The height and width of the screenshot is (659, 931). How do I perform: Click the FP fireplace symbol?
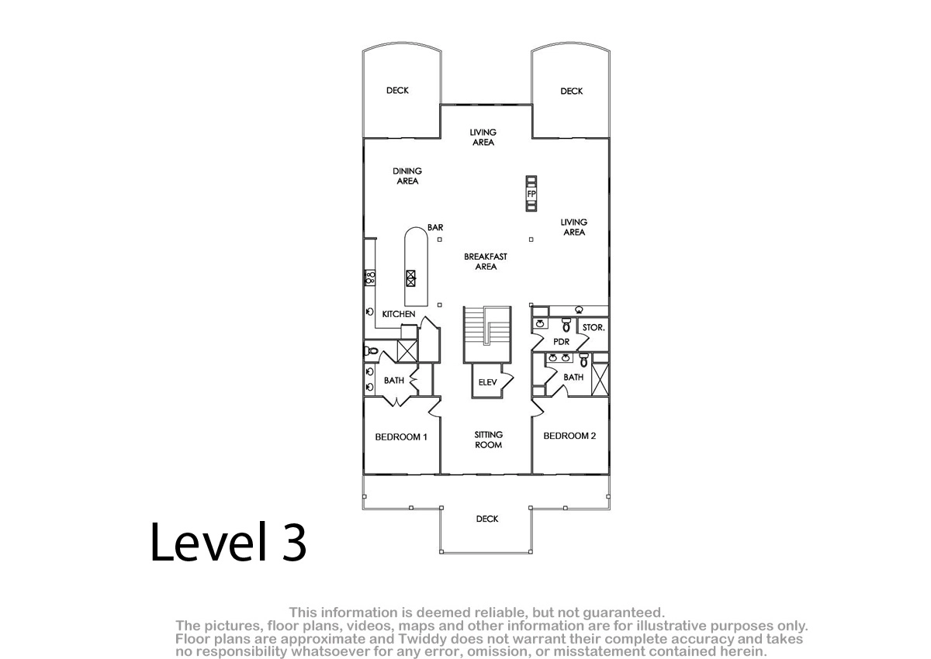pyautogui.click(x=531, y=194)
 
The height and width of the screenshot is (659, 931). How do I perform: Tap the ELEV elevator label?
pyautogui.click(x=487, y=382)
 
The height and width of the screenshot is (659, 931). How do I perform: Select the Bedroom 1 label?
pyautogui.click(x=401, y=436)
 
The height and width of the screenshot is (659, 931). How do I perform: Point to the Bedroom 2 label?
pyautogui.click(x=569, y=436)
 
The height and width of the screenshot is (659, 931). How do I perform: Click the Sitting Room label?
pyautogui.click(x=488, y=440)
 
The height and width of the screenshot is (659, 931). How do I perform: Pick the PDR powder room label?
pyautogui.click(x=561, y=342)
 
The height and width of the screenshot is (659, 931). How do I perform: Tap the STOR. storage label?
pyautogui.click(x=594, y=328)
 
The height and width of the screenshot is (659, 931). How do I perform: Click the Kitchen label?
pyautogui.click(x=399, y=314)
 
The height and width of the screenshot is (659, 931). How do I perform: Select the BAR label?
pyautogui.click(x=435, y=228)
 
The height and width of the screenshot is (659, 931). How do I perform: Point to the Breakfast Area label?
pyautogui.click(x=486, y=261)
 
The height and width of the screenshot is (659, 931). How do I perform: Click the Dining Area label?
pyautogui.click(x=407, y=176)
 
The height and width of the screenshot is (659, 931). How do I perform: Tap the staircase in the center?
pyautogui.click(x=487, y=334)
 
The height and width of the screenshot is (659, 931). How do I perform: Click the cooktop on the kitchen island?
pyautogui.click(x=410, y=278)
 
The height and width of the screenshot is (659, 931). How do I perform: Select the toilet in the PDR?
pyautogui.click(x=566, y=325)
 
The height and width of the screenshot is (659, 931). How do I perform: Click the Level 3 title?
pyautogui.click(x=228, y=542)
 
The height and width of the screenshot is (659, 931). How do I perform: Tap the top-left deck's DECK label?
pyautogui.click(x=397, y=90)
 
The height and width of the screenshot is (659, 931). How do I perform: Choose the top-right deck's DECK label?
pyautogui.click(x=572, y=91)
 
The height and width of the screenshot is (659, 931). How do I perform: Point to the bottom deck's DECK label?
pyautogui.click(x=487, y=519)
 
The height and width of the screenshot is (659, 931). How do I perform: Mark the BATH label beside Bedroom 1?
pyautogui.click(x=393, y=381)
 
